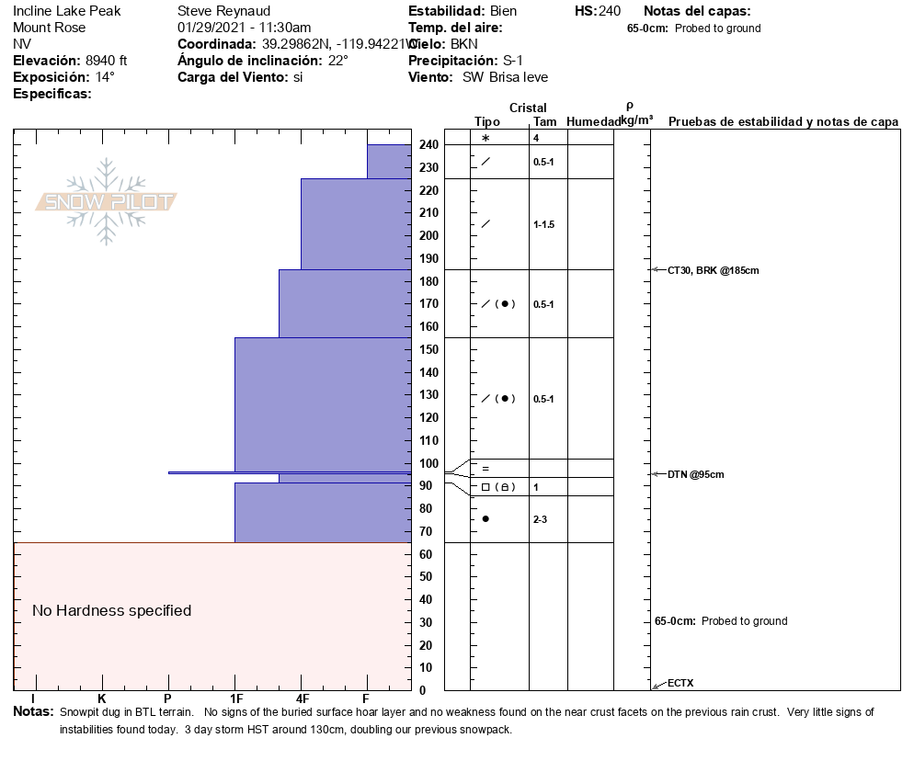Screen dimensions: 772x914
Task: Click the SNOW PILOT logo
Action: click(106, 201)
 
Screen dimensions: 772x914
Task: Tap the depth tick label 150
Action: click(428, 350)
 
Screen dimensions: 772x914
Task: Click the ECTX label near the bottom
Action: click(680, 683)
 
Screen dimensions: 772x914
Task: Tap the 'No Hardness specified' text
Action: click(111, 611)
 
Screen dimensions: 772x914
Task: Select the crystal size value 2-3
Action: click(541, 519)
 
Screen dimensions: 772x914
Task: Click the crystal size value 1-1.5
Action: click(544, 224)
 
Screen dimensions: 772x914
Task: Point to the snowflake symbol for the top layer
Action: click(486, 138)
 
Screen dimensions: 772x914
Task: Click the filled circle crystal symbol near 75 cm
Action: click(486, 519)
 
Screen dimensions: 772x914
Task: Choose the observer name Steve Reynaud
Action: click(223, 11)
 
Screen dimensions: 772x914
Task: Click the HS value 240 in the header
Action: click(610, 11)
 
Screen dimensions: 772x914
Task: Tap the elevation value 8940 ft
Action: click(100, 61)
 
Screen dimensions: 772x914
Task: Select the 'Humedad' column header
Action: click(594, 121)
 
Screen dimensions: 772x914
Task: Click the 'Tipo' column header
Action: click(487, 121)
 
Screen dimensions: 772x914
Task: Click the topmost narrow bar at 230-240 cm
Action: click(389, 161)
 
